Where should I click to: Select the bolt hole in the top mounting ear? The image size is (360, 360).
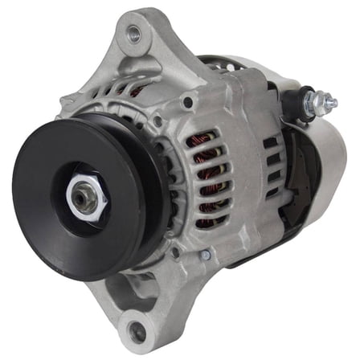[x=133, y=34]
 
